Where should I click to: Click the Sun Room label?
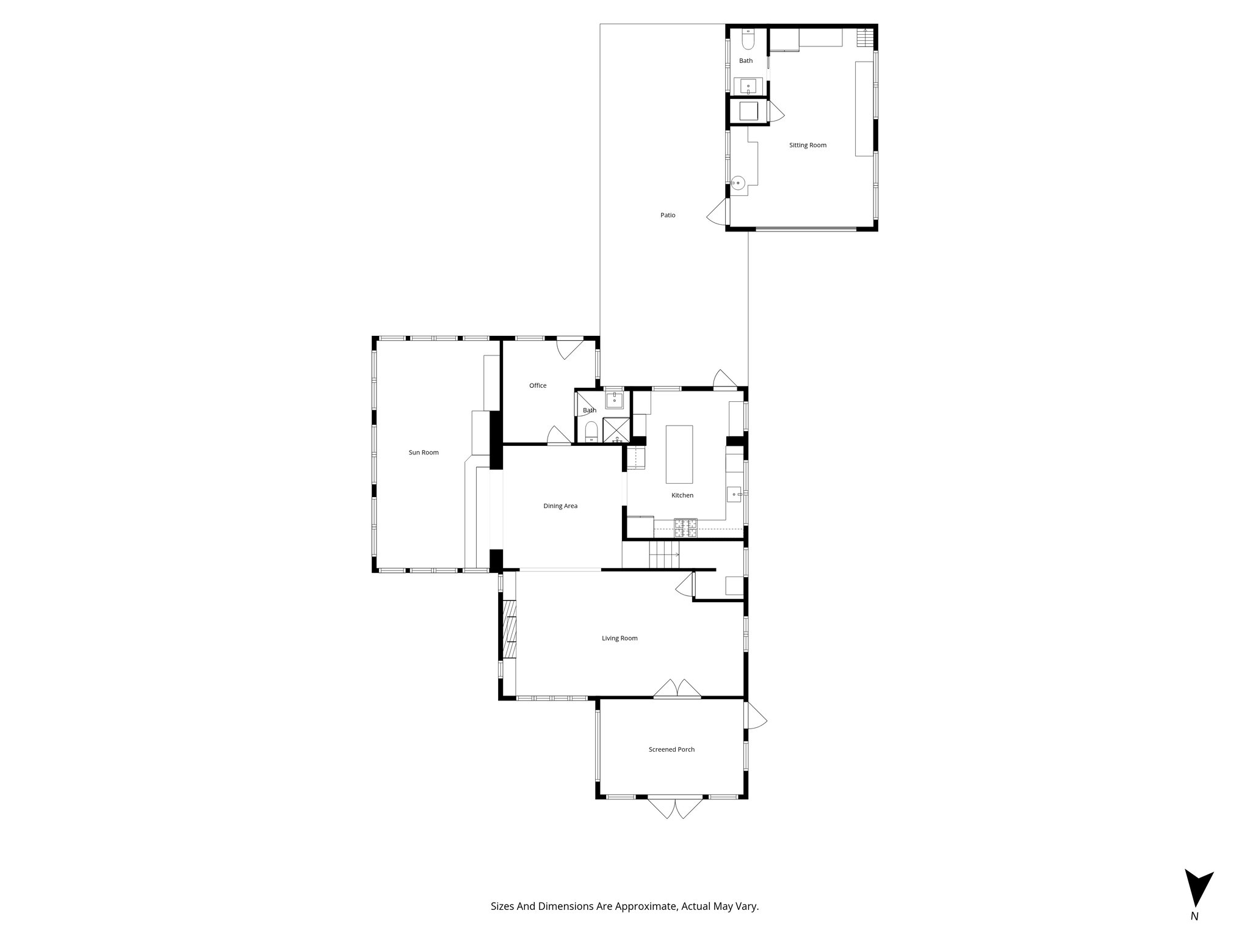[424, 453]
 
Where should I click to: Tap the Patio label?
[668, 215]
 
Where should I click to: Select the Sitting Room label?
[807, 145]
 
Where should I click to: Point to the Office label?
[538, 385]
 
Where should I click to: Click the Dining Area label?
[560, 506]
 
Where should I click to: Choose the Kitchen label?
[682, 495]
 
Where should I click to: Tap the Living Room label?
[620, 638]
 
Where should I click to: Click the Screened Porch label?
[671, 749]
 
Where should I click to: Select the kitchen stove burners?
[685, 528]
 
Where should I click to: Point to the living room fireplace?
[509, 638]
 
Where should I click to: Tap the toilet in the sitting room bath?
[748, 40]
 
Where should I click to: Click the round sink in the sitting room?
[739, 183]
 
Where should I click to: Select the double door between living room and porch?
[677, 688]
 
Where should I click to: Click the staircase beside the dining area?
[663, 554]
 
